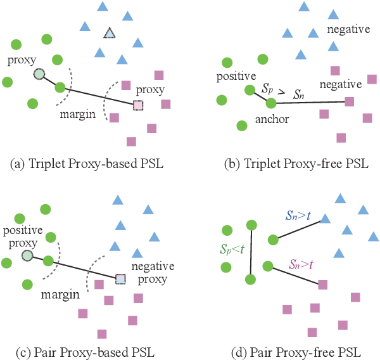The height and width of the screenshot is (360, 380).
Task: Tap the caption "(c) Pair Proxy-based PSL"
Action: pos(87,352)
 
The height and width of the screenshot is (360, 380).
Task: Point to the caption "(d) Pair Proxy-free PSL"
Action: pos(288,352)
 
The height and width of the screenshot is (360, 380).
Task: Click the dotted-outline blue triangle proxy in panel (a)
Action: pos(110,33)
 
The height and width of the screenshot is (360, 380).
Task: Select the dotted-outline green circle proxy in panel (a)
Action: pos(39,74)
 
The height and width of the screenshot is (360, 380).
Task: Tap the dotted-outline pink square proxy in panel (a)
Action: pos(138,105)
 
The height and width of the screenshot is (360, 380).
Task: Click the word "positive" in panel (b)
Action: pos(236,76)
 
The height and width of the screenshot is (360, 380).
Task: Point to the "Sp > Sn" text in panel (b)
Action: pos(282,91)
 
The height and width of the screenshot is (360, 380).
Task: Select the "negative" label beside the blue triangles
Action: pos(347,30)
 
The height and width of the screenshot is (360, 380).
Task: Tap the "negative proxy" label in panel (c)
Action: pos(149,273)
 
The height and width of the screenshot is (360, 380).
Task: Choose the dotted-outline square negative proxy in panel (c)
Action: pos(120,278)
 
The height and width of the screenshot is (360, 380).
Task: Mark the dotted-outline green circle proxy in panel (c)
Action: pos(27,255)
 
